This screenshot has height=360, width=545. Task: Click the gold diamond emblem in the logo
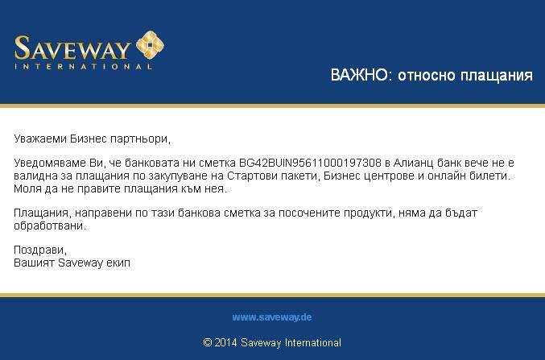[150, 45]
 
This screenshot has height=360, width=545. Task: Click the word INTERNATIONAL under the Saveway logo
[83, 66]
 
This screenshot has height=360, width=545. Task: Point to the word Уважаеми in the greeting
[40, 139]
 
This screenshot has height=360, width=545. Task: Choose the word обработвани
[49, 226]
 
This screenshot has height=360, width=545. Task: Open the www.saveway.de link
[272, 317]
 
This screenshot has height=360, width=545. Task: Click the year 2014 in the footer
[225, 342]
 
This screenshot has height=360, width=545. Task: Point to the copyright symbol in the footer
[208, 342]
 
